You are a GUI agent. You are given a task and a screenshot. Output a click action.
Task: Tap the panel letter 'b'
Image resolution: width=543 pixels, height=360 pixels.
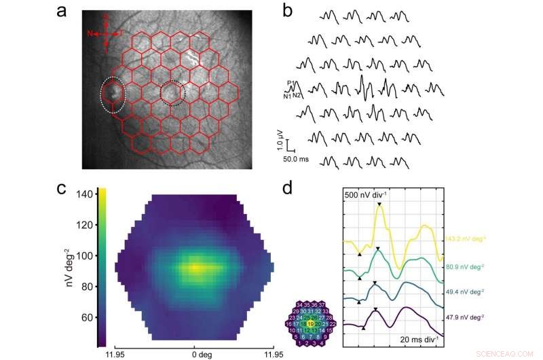coord(287,12)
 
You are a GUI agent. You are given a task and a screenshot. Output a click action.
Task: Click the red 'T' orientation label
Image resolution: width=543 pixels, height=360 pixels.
coord(121,33)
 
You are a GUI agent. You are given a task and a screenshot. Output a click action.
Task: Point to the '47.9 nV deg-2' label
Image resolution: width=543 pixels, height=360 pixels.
coord(462,316)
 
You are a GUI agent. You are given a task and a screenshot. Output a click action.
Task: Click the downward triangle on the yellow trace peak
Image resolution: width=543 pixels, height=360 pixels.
coord(380,204)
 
